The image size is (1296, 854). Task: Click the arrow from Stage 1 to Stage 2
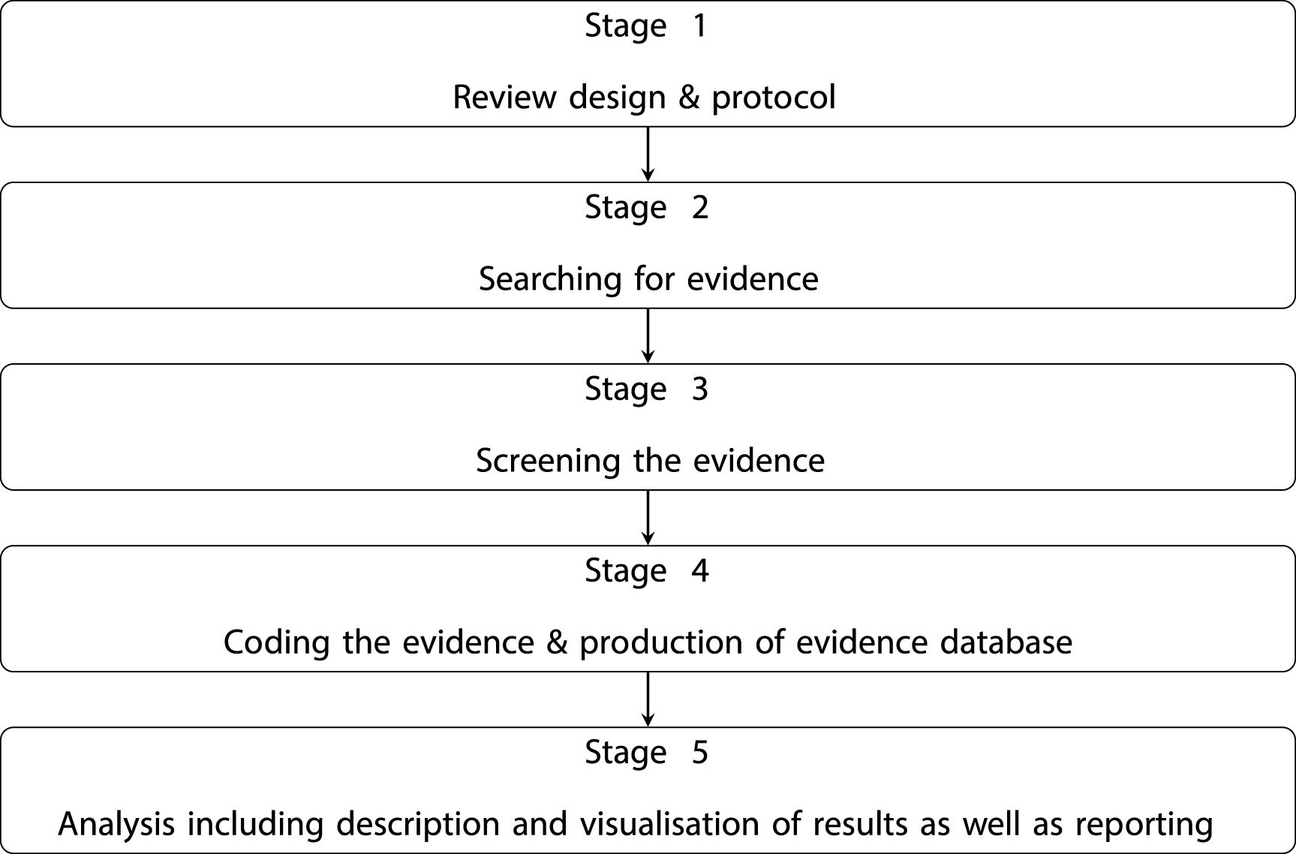pyautogui.click(x=648, y=154)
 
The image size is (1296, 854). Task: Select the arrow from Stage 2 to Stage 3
pyautogui.click(x=648, y=335)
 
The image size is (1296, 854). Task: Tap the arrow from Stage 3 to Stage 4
pyautogui.click(x=648, y=517)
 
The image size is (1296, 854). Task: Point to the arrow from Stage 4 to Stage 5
pyautogui.click(x=648, y=699)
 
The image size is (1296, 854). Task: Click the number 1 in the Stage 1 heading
pyautogui.click(x=699, y=26)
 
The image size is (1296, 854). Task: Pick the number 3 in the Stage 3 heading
pyautogui.click(x=699, y=389)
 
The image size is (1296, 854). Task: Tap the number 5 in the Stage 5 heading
pyautogui.click(x=699, y=753)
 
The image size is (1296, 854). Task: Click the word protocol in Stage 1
pyautogui.click(x=774, y=98)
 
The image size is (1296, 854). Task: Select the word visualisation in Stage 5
pyautogui.click(x=670, y=824)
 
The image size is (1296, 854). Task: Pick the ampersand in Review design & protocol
pyautogui.click(x=689, y=98)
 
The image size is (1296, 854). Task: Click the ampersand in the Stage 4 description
pyautogui.click(x=557, y=642)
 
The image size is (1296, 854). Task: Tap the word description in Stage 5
pyautogui.click(x=418, y=825)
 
